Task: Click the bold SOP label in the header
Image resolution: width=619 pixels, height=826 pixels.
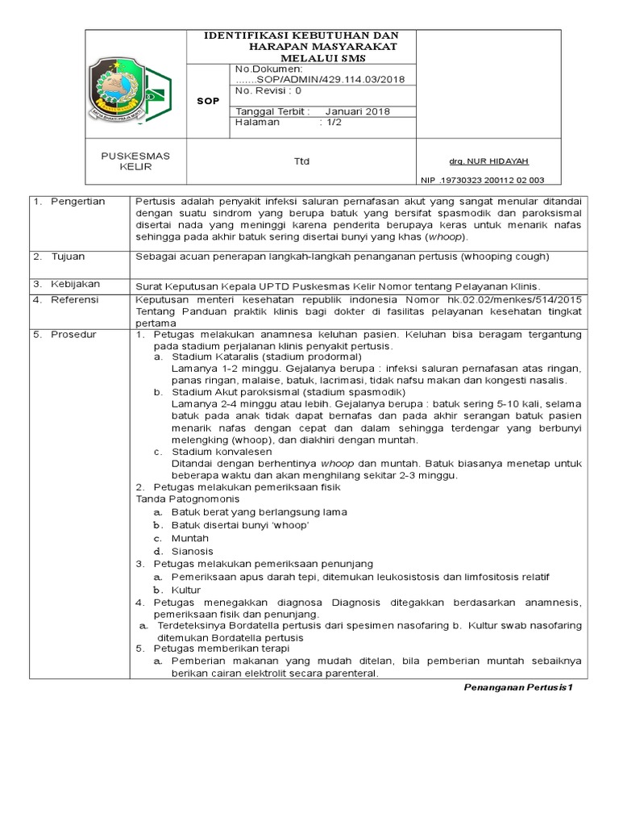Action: point(207,101)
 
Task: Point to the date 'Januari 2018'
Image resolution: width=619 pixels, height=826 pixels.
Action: point(358,111)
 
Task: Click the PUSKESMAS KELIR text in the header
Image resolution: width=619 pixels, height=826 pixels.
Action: point(135,161)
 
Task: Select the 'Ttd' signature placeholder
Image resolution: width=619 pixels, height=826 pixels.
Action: point(301,162)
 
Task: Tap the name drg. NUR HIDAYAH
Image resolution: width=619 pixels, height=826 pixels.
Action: point(482,161)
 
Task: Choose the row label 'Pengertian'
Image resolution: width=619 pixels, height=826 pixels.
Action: point(77,202)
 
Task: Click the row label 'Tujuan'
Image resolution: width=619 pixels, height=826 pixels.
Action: point(69,257)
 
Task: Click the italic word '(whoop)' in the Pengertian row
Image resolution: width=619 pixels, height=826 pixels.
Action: point(445,238)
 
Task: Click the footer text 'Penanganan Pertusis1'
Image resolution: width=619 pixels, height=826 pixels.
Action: point(518,687)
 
